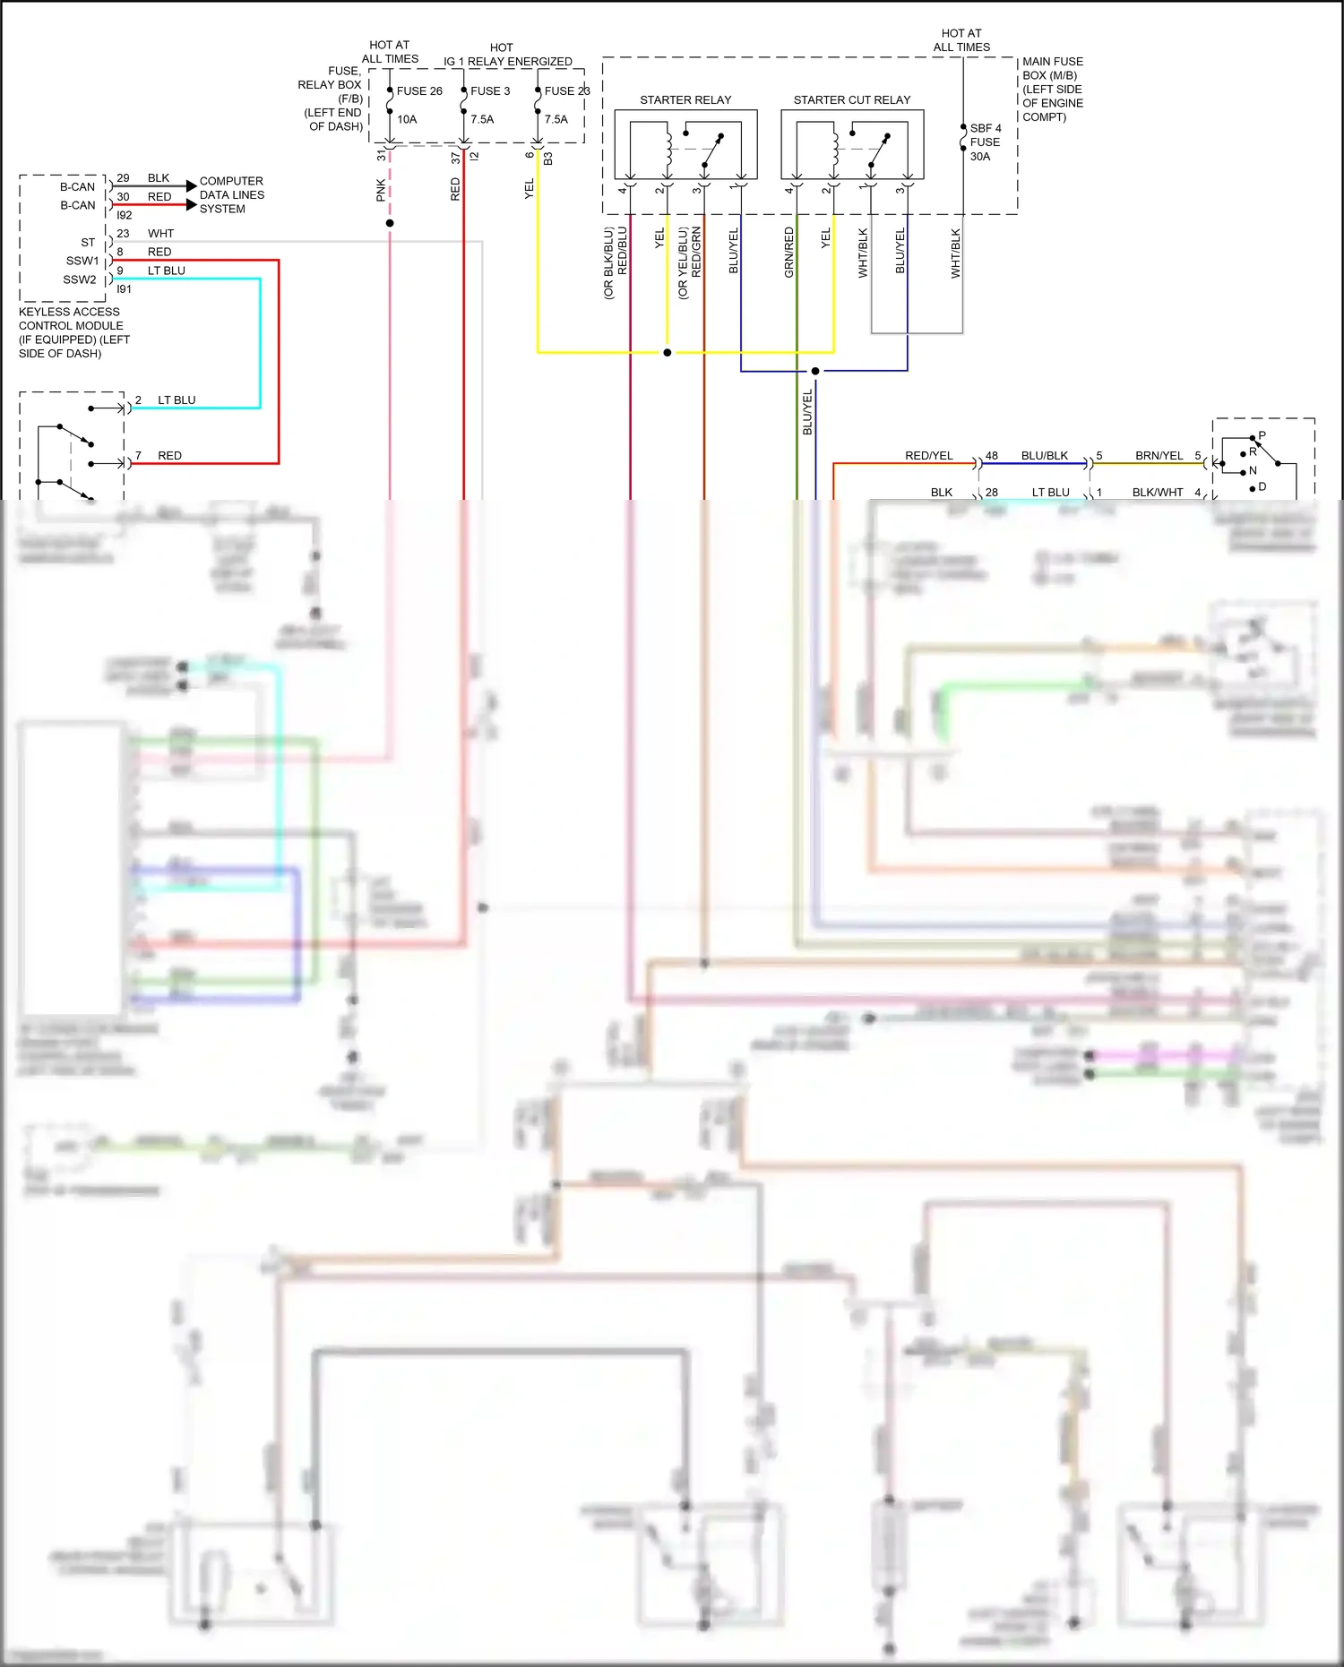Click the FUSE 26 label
pos(419,91)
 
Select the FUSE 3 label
pos(490,91)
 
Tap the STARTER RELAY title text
pos(685,100)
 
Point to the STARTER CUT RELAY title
pos(851,100)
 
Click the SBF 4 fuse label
pos(986,128)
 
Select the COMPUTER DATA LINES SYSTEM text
pos(231,194)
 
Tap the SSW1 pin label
pos(82,261)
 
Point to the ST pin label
pos(88,243)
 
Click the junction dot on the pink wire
pos(390,223)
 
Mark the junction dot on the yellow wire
pos(668,353)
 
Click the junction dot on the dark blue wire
pos(815,371)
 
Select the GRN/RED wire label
pos(789,252)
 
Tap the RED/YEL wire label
pos(928,456)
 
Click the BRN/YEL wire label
pos(1159,456)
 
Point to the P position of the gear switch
pos(1262,436)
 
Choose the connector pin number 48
pos(992,456)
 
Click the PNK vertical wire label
pos(381,190)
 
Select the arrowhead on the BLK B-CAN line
pos(191,185)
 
